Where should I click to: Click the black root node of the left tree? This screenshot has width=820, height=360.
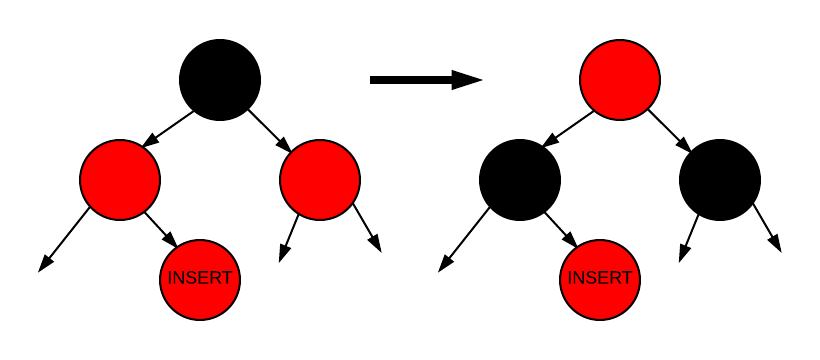point(220,80)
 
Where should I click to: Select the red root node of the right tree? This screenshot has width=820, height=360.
point(620,80)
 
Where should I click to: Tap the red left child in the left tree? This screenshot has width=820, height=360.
point(120,180)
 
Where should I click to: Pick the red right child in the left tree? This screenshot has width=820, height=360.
point(320,180)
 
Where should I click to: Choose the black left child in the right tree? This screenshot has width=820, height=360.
point(520,180)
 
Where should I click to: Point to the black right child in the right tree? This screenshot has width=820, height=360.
point(720,180)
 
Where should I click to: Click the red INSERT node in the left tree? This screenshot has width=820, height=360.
point(200,279)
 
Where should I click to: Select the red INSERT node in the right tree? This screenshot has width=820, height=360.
point(600,279)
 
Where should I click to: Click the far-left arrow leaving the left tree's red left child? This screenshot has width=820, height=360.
point(65,240)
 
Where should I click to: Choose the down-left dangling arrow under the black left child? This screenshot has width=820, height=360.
point(465,240)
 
